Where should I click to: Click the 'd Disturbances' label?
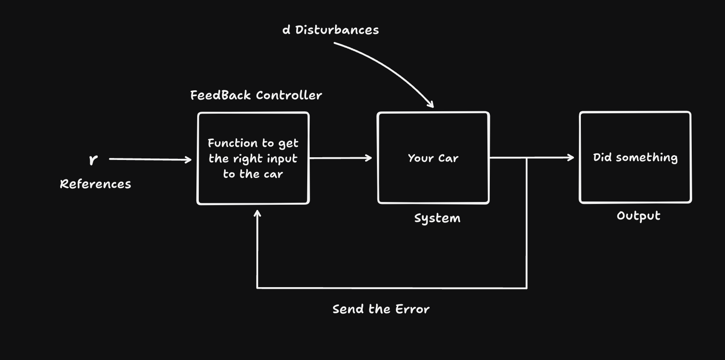(x=331, y=30)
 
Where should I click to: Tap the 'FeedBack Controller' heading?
(x=256, y=95)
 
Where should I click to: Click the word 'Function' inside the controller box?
(x=232, y=143)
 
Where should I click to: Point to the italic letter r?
(x=93, y=159)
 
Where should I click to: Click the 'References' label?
(x=95, y=184)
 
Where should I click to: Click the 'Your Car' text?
(x=433, y=158)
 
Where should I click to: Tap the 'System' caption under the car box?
(x=437, y=218)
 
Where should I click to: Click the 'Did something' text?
(x=635, y=158)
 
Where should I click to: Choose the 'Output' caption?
(x=638, y=216)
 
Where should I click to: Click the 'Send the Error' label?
(x=381, y=309)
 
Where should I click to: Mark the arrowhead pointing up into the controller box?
(x=257, y=214)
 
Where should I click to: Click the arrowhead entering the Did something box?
(x=571, y=158)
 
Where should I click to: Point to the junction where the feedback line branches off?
(x=527, y=158)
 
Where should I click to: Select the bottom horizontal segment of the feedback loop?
(x=392, y=288)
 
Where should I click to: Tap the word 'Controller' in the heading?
(x=289, y=95)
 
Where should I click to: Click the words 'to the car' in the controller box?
(x=253, y=174)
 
